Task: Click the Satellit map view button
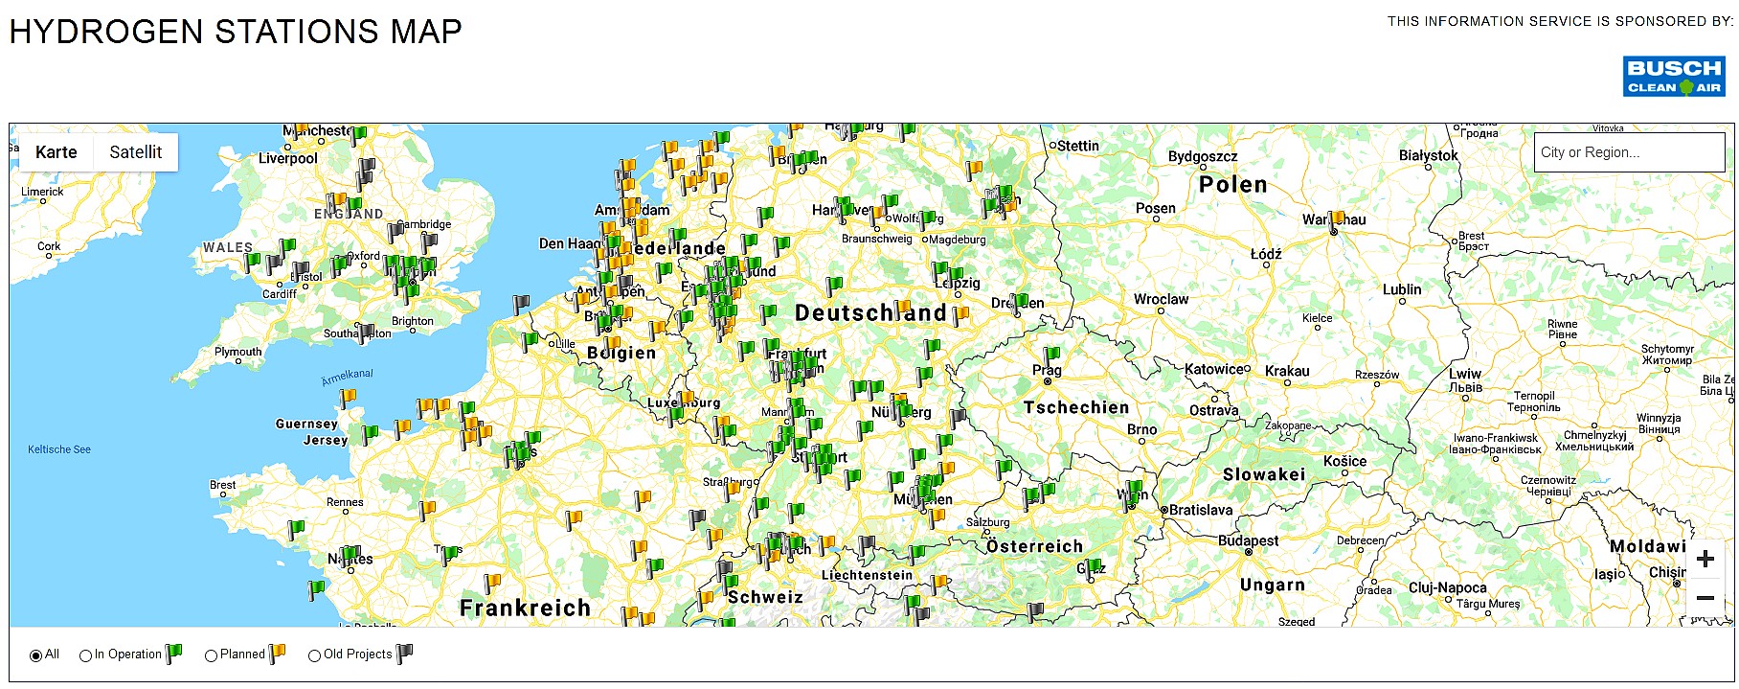tap(135, 152)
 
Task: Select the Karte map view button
tap(56, 152)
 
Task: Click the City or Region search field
tap(1628, 152)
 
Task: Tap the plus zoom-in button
tap(1705, 560)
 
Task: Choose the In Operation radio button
tap(86, 655)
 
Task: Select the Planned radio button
tap(212, 655)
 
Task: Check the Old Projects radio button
tap(314, 655)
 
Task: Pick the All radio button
tap(36, 655)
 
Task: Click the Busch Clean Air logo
tap(1673, 77)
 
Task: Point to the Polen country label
tap(1232, 185)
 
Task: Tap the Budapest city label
tap(1248, 540)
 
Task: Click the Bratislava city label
tap(1201, 510)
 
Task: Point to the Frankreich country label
tap(525, 608)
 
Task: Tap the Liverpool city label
tap(287, 158)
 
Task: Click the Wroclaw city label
tap(1161, 299)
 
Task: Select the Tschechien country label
tap(1076, 407)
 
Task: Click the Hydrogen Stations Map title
tap(236, 32)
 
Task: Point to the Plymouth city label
tap(237, 352)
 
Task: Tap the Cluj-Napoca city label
tap(1447, 587)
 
